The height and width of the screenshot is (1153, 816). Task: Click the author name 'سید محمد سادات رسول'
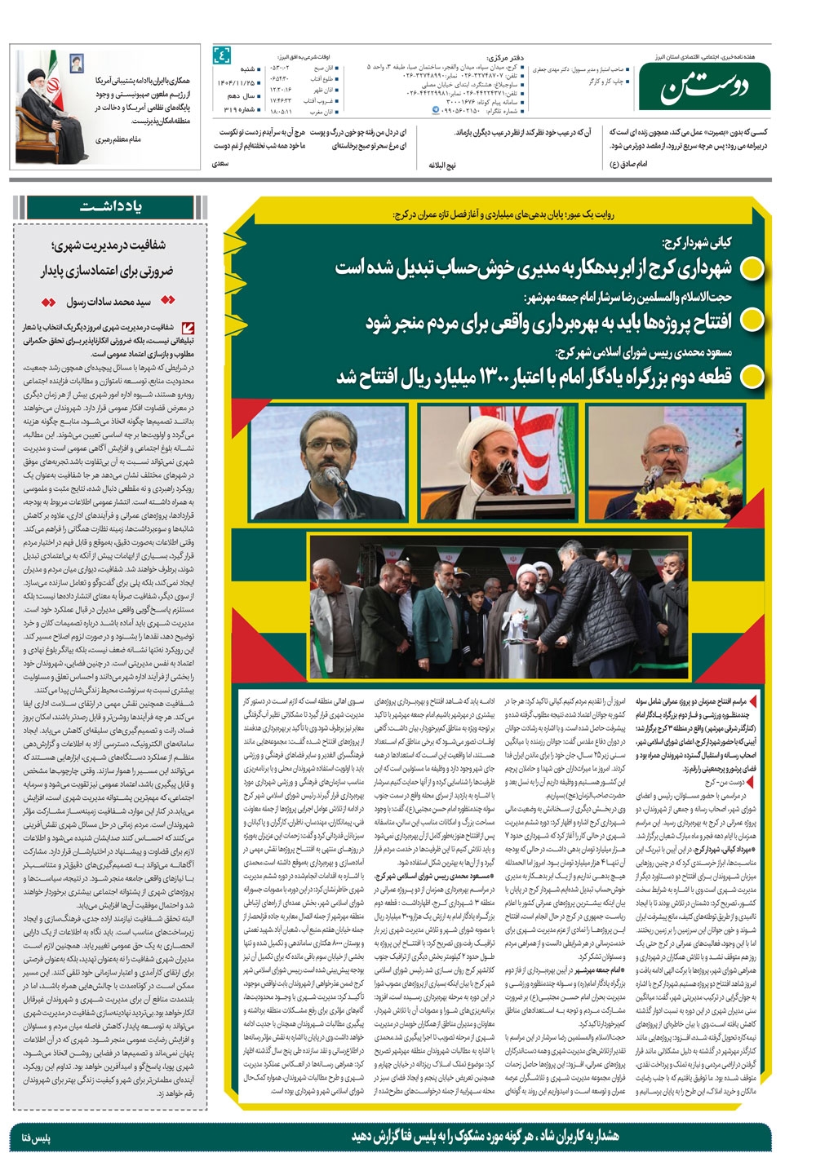tap(109, 302)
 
